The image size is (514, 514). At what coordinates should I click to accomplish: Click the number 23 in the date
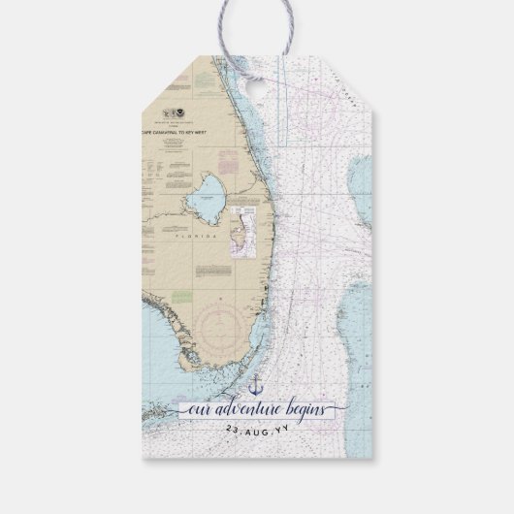point(232,428)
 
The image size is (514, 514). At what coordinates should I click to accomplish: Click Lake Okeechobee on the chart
point(206,199)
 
